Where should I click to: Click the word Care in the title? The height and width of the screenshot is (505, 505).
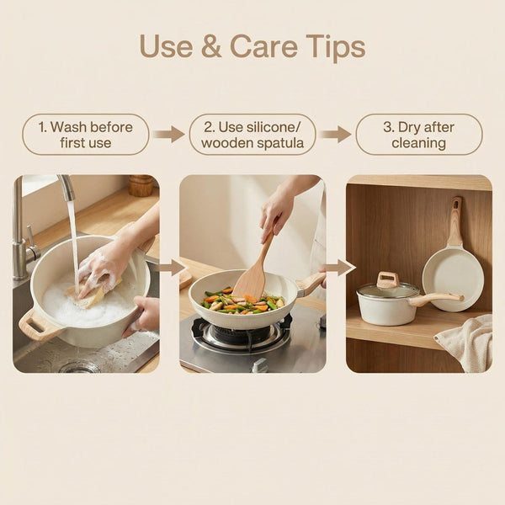click(263, 46)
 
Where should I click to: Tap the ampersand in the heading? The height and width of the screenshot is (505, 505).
click(211, 46)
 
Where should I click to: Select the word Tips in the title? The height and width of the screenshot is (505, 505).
click(335, 48)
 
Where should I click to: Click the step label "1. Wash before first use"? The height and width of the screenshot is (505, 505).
click(85, 135)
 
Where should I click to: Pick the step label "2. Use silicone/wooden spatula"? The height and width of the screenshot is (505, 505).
click(252, 135)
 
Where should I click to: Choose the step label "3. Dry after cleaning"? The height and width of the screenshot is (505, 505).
click(419, 135)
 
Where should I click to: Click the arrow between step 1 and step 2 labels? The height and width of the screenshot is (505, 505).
click(169, 135)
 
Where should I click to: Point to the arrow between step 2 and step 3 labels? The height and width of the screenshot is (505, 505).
click(336, 135)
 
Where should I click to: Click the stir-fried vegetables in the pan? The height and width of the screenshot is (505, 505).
click(243, 302)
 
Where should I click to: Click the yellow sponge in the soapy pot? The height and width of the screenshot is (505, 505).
click(92, 292)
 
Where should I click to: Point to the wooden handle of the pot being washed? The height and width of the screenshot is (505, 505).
click(39, 324)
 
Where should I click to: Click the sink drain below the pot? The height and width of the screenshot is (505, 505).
click(78, 366)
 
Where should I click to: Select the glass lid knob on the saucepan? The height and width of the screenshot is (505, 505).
click(388, 279)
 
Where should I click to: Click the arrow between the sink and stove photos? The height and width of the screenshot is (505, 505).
click(172, 268)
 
